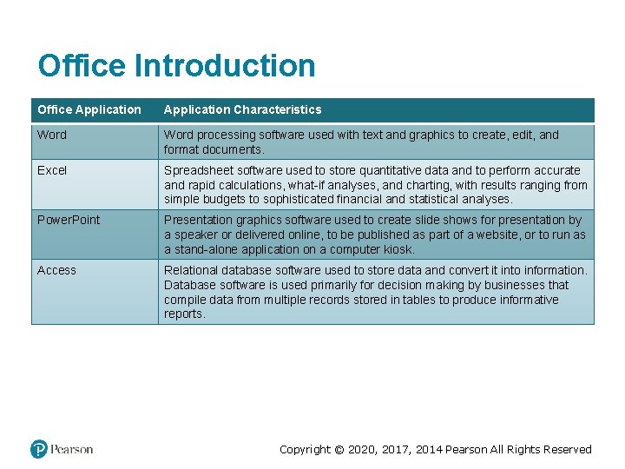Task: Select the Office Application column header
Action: click(89, 109)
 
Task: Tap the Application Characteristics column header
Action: click(242, 109)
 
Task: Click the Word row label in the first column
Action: click(52, 135)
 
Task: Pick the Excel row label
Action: click(52, 170)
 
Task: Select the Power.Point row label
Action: click(69, 220)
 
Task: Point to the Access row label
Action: click(56, 270)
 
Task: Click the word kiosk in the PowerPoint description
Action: click(398, 249)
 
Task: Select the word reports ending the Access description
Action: click(183, 314)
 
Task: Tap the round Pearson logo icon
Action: click(39, 449)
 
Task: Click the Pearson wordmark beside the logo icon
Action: click(72, 449)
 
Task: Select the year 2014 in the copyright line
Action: click(429, 449)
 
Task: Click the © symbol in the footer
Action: click(339, 449)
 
